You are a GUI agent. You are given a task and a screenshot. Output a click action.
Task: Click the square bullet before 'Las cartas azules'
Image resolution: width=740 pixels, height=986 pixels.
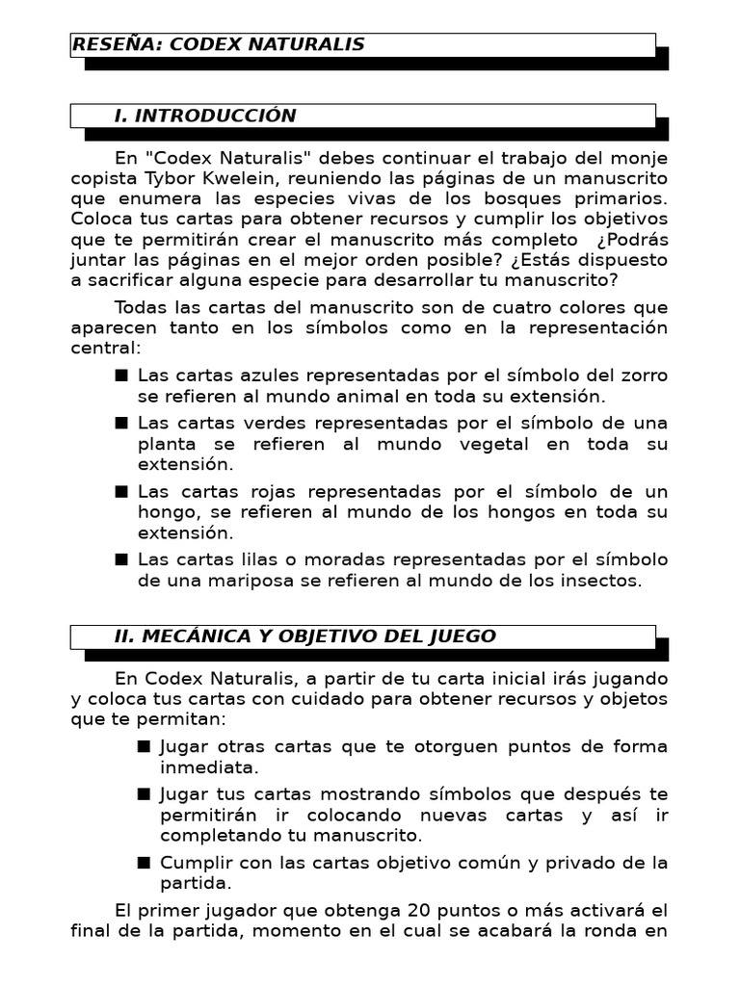point(120,375)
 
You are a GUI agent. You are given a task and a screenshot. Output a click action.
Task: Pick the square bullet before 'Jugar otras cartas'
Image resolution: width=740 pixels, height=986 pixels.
point(144,746)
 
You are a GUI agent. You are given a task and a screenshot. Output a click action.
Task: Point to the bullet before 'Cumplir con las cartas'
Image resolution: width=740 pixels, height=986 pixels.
point(144,862)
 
